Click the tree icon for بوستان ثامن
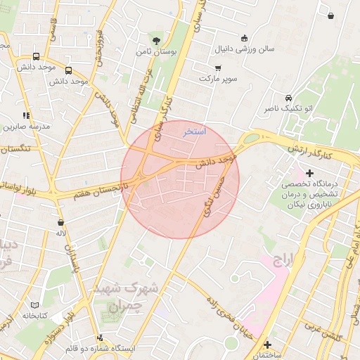click(x=155, y=40)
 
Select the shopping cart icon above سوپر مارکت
click(x=218, y=67)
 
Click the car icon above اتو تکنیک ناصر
click(x=288, y=98)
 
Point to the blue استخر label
click(x=195, y=131)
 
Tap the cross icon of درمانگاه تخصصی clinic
click(x=309, y=172)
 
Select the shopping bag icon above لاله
click(x=60, y=222)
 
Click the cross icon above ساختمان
click(x=267, y=344)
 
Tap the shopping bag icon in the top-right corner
click(x=330, y=15)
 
